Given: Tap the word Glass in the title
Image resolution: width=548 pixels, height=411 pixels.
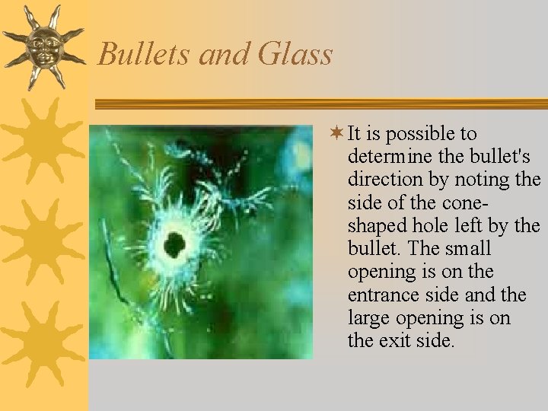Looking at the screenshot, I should point(295,54).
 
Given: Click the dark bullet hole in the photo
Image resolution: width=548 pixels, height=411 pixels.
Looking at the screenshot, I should point(174,244).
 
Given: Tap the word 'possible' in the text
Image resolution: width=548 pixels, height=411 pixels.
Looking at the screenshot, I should point(417,134).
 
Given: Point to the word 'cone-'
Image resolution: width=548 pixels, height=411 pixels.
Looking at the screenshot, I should point(461,202).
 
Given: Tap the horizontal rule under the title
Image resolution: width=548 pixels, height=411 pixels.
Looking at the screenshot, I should point(320,104).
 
